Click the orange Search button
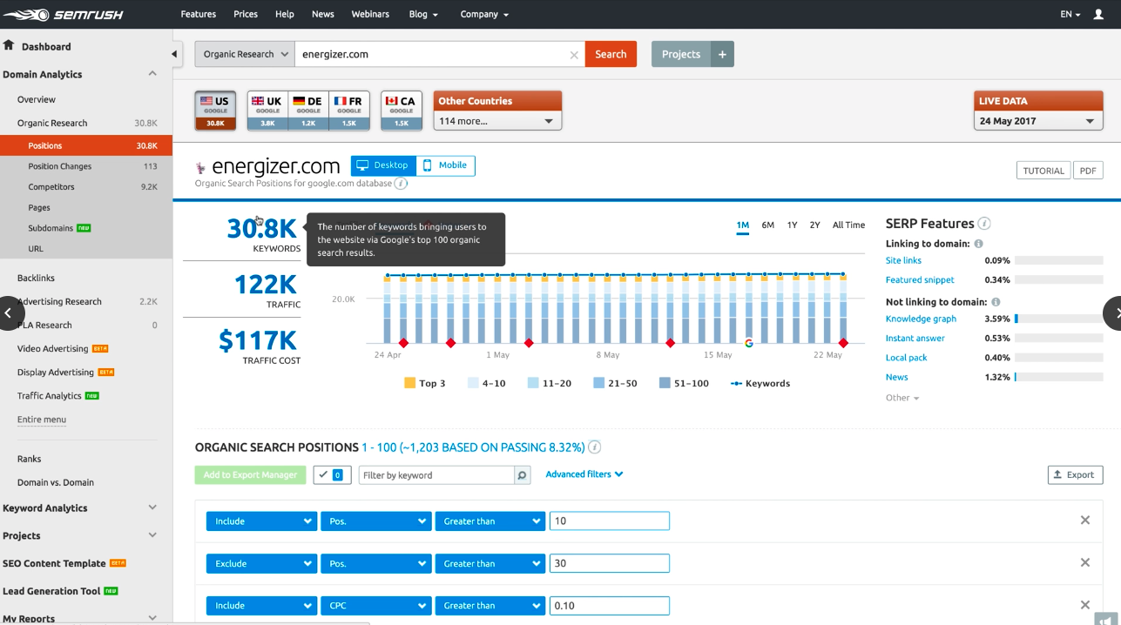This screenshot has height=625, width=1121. coord(611,54)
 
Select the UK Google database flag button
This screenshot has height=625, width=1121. coord(267,110)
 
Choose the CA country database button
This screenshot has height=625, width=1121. coord(401,110)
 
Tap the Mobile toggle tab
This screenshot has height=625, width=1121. coord(446,165)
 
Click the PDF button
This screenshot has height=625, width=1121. coord(1088,171)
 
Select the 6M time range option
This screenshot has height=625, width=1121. coord(767,225)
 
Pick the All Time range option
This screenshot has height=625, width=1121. coord(848,225)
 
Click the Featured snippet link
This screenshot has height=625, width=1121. coord(920,280)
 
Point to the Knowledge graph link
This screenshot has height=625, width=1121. coord(921,319)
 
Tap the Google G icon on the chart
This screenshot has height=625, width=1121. coord(748,343)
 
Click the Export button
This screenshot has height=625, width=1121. coord(1075,474)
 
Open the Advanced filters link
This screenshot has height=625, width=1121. coord(584,474)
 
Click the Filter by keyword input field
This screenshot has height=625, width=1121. coord(436,475)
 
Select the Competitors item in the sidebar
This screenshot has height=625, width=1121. coord(51,187)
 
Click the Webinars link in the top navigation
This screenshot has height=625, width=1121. coord(371,14)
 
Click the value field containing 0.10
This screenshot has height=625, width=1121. coord(610,606)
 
